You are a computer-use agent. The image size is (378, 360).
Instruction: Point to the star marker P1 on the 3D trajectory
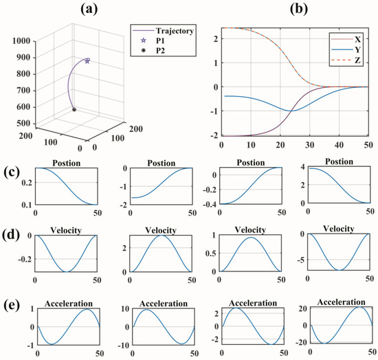pyautogui.click(x=87, y=61)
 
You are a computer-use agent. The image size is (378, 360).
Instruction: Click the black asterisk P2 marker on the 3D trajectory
pyautogui.click(x=74, y=109)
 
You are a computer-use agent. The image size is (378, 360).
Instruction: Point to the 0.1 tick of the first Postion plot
pyautogui.click(x=25, y=205)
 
